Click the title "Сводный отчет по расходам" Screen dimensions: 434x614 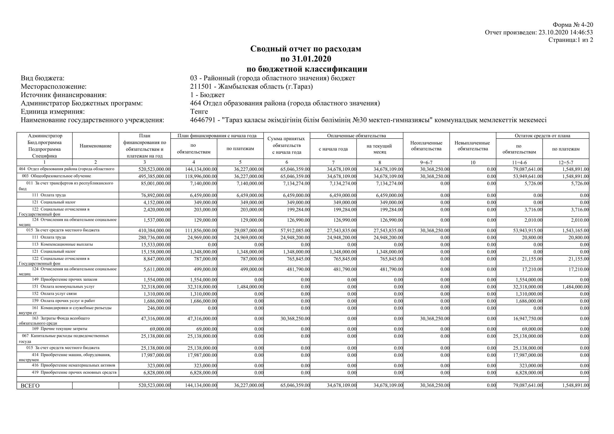click(305, 49)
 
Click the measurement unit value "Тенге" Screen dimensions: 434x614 click(199, 111)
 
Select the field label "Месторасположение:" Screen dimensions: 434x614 click(54, 87)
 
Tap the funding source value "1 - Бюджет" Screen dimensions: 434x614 click(207, 95)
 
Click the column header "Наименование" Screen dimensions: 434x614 click(96, 146)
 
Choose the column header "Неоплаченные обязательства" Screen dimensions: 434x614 click(426, 146)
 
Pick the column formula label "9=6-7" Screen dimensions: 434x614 click(426, 162)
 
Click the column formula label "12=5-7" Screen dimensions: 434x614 click(566, 162)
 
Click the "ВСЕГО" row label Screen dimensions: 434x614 click(30, 386)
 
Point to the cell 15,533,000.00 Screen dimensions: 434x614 click(156, 245)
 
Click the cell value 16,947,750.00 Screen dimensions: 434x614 click(528, 319)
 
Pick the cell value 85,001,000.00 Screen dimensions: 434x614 click(156, 184)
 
